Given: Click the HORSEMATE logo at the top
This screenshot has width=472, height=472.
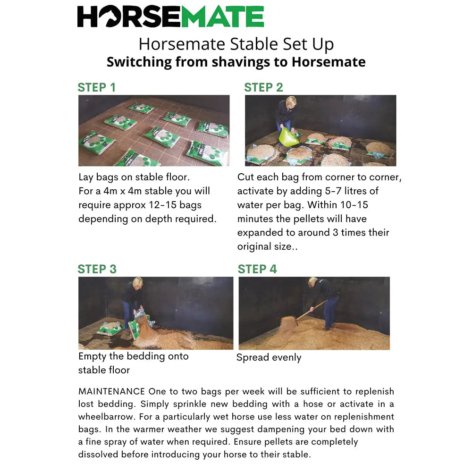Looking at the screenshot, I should point(170,17).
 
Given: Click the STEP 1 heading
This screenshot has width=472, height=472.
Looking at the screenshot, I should point(96,87).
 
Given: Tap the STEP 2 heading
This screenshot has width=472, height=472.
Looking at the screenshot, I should point(263,87).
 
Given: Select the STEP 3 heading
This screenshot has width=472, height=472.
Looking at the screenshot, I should point(97,269).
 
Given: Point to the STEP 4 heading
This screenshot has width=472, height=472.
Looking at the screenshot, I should point(257,269).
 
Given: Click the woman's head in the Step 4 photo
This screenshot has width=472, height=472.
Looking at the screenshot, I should point(313,281).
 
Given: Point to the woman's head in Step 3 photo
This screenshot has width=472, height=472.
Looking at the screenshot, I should point(137,283).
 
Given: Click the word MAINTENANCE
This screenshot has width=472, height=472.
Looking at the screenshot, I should point(112,392).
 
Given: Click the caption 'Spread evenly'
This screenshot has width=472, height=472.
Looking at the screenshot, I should point(269,358).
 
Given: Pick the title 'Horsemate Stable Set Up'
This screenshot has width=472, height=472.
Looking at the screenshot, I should point(236,44).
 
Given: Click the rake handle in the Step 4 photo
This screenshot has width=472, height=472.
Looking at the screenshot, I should point(312,310).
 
